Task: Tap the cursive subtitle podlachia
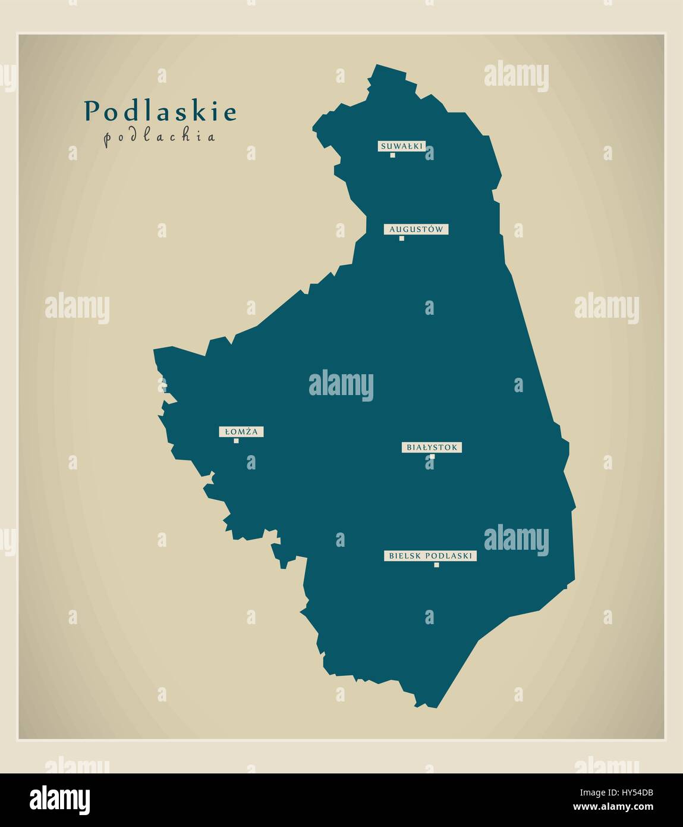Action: [159, 137]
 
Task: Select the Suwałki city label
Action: [401, 146]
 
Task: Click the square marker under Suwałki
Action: [393, 155]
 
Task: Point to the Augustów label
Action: [416, 229]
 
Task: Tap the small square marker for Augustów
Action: [402, 239]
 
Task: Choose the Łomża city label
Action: [241, 432]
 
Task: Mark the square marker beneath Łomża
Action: [236, 441]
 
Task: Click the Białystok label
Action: [432, 447]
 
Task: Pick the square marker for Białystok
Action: [432, 457]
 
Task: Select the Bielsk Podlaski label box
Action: [430, 556]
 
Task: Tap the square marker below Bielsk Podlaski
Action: [436, 565]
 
